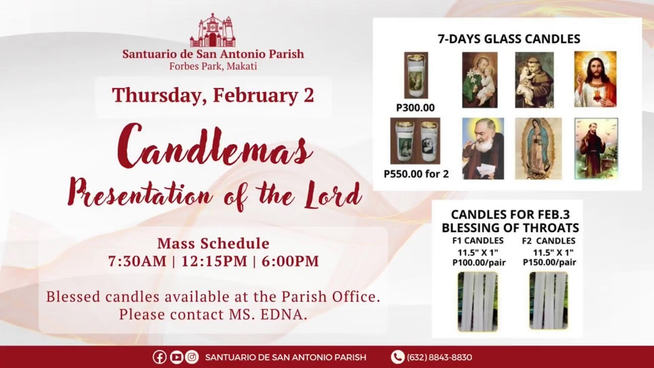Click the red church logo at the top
(x=213, y=30)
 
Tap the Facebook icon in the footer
(x=159, y=357)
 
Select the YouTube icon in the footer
(x=176, y=357)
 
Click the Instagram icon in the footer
(x=192, y=357)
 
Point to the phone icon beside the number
(x=398, y=357)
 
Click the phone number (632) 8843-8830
(x=439, y=357)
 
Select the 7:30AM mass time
(x=137, y=261)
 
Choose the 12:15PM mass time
(x=214, y=261)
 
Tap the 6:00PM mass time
(x=290, y=261)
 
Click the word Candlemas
(x=215, y=146)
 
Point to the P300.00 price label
(x=415, y=108)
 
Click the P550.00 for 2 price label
(x=416, y=174)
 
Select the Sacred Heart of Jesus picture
(x=595, y=79)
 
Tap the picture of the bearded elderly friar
(x=483, y=148)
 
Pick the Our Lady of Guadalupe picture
(x=538, y=148)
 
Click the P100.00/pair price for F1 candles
(x=479, y=263)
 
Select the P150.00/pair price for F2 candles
(x=549, y=262)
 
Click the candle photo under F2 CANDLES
(x=549, y=301)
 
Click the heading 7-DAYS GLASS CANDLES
(x=509, y=39)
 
